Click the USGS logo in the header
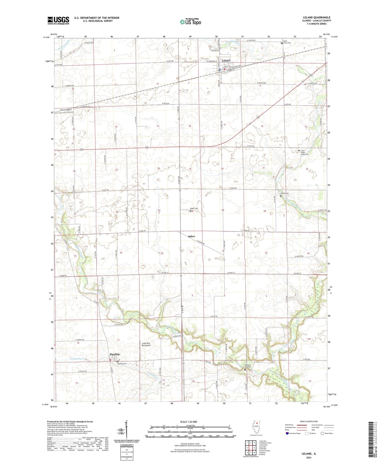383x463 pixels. tap(58, 20)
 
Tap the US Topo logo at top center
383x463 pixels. tap(190, 22)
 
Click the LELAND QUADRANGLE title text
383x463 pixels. tap(316, 18)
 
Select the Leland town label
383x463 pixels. tap(226, 60)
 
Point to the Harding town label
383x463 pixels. tap(115, 354)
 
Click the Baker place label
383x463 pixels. tap(192, 236)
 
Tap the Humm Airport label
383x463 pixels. tap(66, 110)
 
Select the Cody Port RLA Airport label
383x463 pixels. tap(146, 344)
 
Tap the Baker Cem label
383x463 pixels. tap(194, 208)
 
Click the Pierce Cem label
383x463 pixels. tap(284, 193)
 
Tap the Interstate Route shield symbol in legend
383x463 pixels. tap(288, 433)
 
